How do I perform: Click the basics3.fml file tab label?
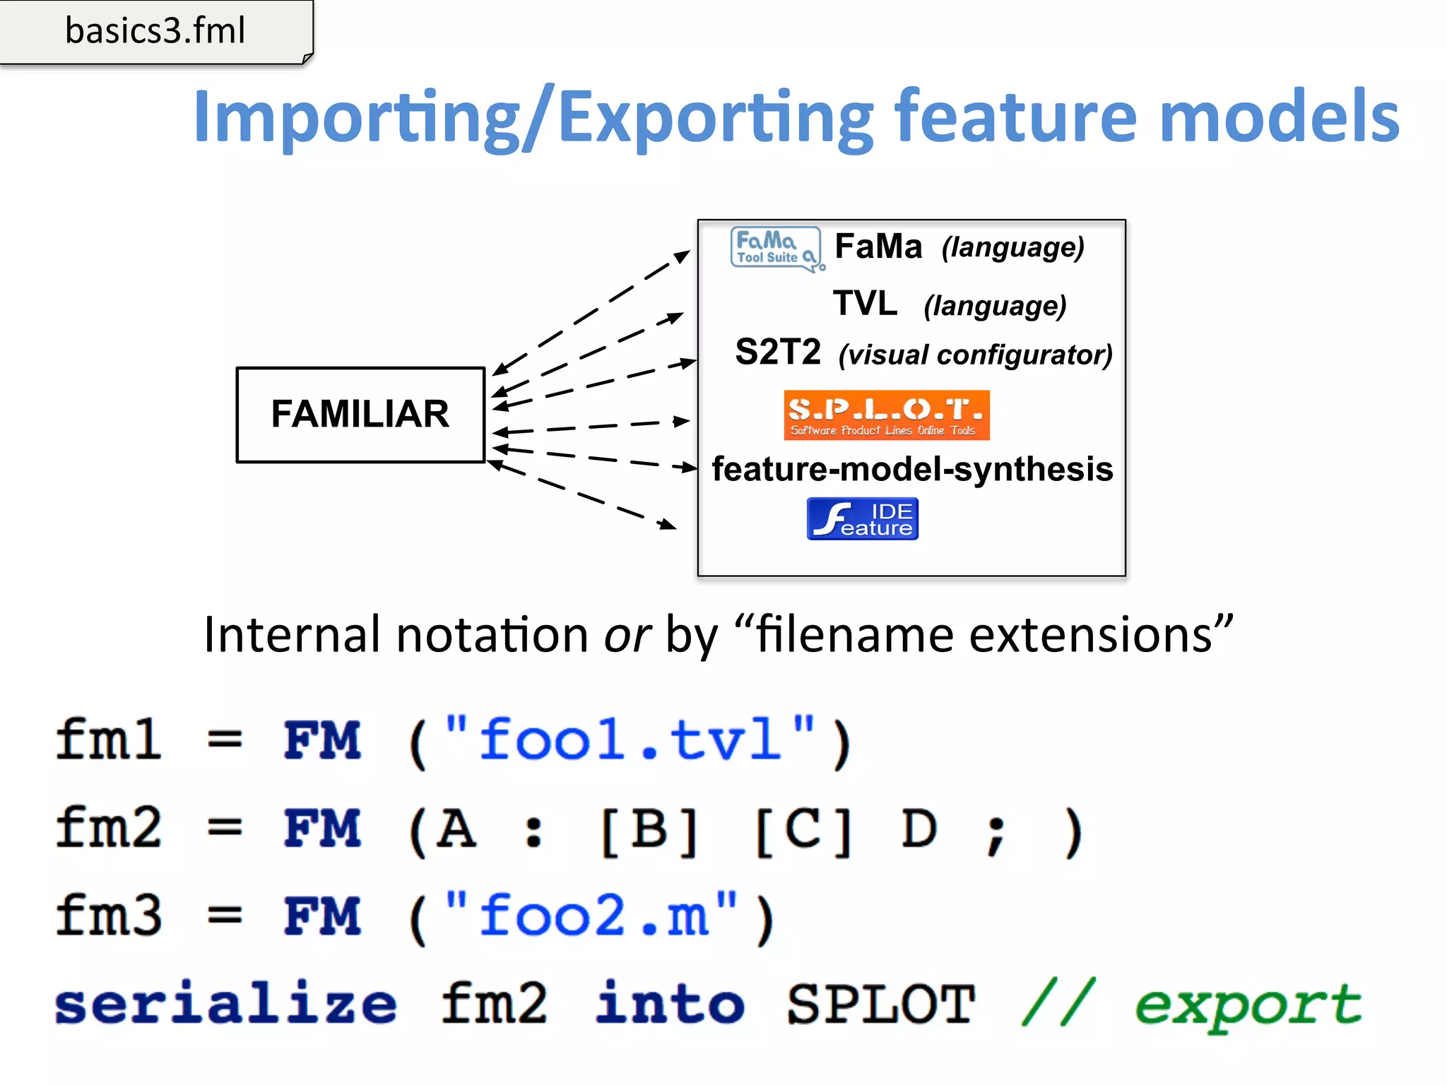pyautogui.click(x=155, y=31)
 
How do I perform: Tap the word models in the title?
pyautogui.click(x=1279, y=117)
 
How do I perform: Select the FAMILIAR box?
pyautogui.click(x=360, y=415)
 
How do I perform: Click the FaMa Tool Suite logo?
pyautogui.click(x=776, y=249)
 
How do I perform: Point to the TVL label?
pyautogui.click(x=865, y=304)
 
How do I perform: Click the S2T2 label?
pyautogui.click(x=778, y=352)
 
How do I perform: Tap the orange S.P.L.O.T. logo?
pyautogui.click(x=886, y=415)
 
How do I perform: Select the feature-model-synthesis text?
pyautogui.click(x=912, y=470)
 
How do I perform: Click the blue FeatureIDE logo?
pyautogui.click(x=862, y=519)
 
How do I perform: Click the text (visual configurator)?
pyautogui.click(x=975, y=355)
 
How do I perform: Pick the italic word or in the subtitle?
pyautogui.click(x=627, y=635)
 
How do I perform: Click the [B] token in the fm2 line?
pyautogui.click(x=649, y=829)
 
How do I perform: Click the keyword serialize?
pyautogui.click(x=226, y=1004)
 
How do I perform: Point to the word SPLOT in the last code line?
pyautogui.click(x=880, y=1004)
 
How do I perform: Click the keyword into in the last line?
pyautogui.click(x=669, y=1004)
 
